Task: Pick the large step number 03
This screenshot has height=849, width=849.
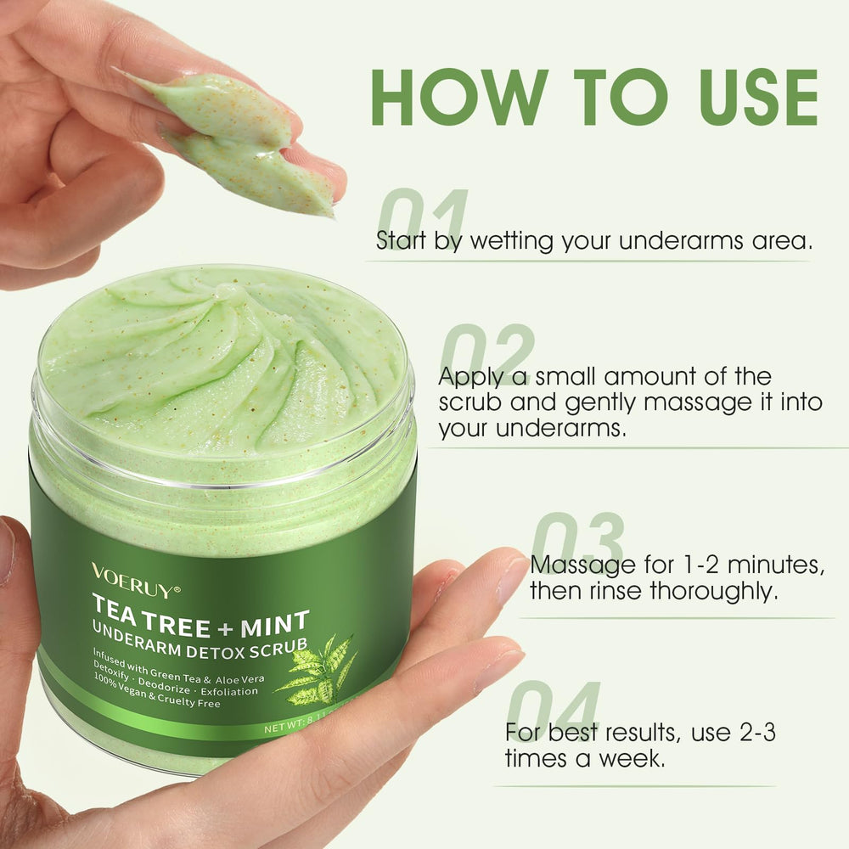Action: tap(576, 542)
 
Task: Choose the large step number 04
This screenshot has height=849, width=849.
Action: tap(554, 711)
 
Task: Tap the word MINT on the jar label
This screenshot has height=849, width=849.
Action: tap(275, 624)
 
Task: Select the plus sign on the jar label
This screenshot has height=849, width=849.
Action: tap(225, 630)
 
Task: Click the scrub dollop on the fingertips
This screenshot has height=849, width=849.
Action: tap(239, 142)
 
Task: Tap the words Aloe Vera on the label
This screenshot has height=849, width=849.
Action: tap(239, 679)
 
